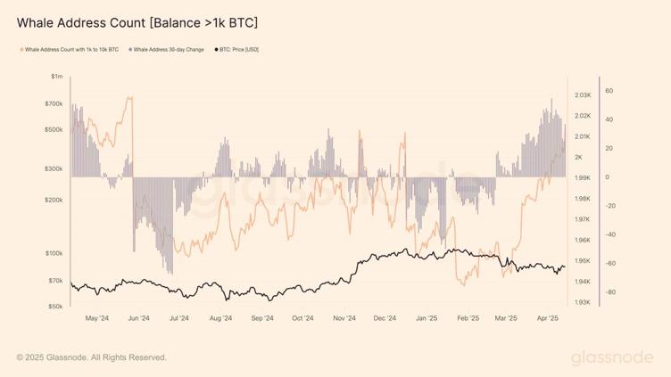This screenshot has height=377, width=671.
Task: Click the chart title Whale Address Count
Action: click(138, 20)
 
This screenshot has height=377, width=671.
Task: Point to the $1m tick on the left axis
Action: click(57, 78)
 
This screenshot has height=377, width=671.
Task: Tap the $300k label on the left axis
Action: click(54, 168)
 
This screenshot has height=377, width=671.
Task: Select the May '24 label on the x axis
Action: click(96, 317)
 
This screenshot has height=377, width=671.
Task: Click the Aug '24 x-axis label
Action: click(220, 317)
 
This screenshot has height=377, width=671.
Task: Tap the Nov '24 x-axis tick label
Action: click(344, 317)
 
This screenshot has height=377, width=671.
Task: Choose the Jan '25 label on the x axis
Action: click(427, 317)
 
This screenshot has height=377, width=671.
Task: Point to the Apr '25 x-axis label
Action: click(547, 317)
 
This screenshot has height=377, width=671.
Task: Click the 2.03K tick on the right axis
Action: click(584, 95)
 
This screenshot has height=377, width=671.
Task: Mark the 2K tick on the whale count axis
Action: click(579, 158)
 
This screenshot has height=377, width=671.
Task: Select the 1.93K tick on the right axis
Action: click(584, 303)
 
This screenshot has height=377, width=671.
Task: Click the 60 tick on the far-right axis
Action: click(609, 91)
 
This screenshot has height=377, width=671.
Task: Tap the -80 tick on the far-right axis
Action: click(609, 292)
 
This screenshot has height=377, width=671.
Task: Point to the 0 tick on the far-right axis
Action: click(607, 177)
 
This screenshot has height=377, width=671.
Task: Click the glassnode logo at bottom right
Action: click(612, 357)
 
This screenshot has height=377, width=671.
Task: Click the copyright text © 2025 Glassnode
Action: click(91, 357)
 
